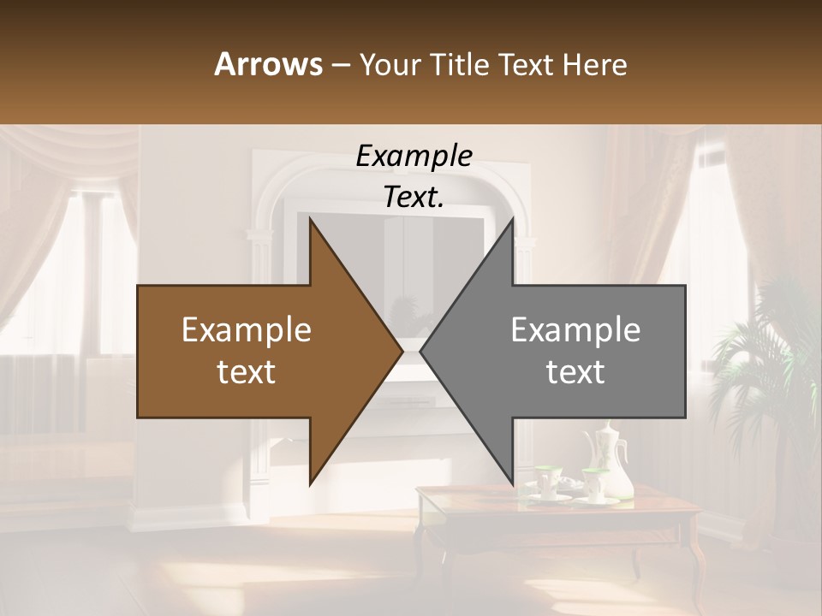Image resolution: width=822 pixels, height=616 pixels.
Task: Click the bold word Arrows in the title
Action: [x=268, y=64]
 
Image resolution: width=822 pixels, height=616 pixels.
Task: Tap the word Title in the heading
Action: [x=460, y=64]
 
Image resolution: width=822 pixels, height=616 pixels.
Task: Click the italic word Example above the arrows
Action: [x=414, y=156]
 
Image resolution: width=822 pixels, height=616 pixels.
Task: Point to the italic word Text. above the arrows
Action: [x=414, y=197]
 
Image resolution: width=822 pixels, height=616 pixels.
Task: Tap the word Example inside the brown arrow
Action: [x=247, y=330]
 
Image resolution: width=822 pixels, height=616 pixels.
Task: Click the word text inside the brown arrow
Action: [x=247, y=371]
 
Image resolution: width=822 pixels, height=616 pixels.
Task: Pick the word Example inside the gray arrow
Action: [x=575, y=330]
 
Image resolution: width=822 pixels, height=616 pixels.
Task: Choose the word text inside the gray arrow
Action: [x=575, y=371]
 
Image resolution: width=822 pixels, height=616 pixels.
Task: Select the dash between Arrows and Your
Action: [x=340, y=65]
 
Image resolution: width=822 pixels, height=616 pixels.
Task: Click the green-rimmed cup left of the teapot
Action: [x=545, y=479]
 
